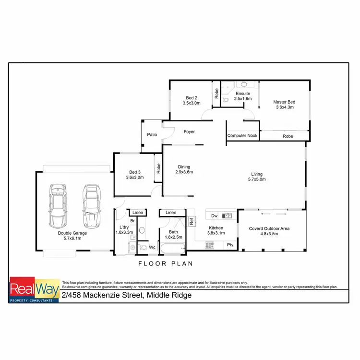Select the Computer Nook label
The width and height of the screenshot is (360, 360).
(x=242, y=136)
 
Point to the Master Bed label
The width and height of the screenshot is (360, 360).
(x=284, y=102)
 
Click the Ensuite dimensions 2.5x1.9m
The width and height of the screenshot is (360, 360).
(x=242, y=98)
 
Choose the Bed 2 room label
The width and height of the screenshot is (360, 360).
(x=190, y=97)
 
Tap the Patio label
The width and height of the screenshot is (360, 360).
(x=152, y=135)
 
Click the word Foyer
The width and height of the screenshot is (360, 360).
(x=189, y=132)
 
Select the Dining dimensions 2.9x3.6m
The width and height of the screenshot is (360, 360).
(x=184, y=172)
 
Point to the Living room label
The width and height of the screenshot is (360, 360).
(x=257, y=174)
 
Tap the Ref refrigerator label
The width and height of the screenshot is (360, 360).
(x=191, y=222)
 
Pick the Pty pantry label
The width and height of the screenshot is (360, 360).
(x=230, y=245)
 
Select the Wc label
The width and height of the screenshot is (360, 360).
(x=152, y=247)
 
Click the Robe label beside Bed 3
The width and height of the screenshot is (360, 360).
(x=157, y=168)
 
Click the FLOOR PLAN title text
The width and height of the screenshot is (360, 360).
(x=165, y=263)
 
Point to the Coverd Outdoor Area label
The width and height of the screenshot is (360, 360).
(x=269, y=229)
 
